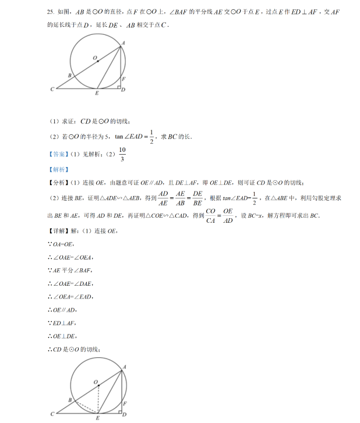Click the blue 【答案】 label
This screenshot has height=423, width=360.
point(58,154)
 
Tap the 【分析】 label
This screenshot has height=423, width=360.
point(58,182)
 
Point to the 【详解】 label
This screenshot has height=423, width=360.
point(58,232)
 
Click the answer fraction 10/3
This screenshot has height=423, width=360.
point(122,154)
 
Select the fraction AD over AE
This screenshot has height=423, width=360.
point(163,198)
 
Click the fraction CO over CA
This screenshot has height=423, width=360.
point(210,215)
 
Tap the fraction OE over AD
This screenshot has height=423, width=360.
point(228,215)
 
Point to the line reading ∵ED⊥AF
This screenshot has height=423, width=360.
point(66,323)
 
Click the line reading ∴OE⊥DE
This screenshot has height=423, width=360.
point(66,336)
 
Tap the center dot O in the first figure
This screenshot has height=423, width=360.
point(98,61)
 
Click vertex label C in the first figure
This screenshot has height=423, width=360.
point(52,89)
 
